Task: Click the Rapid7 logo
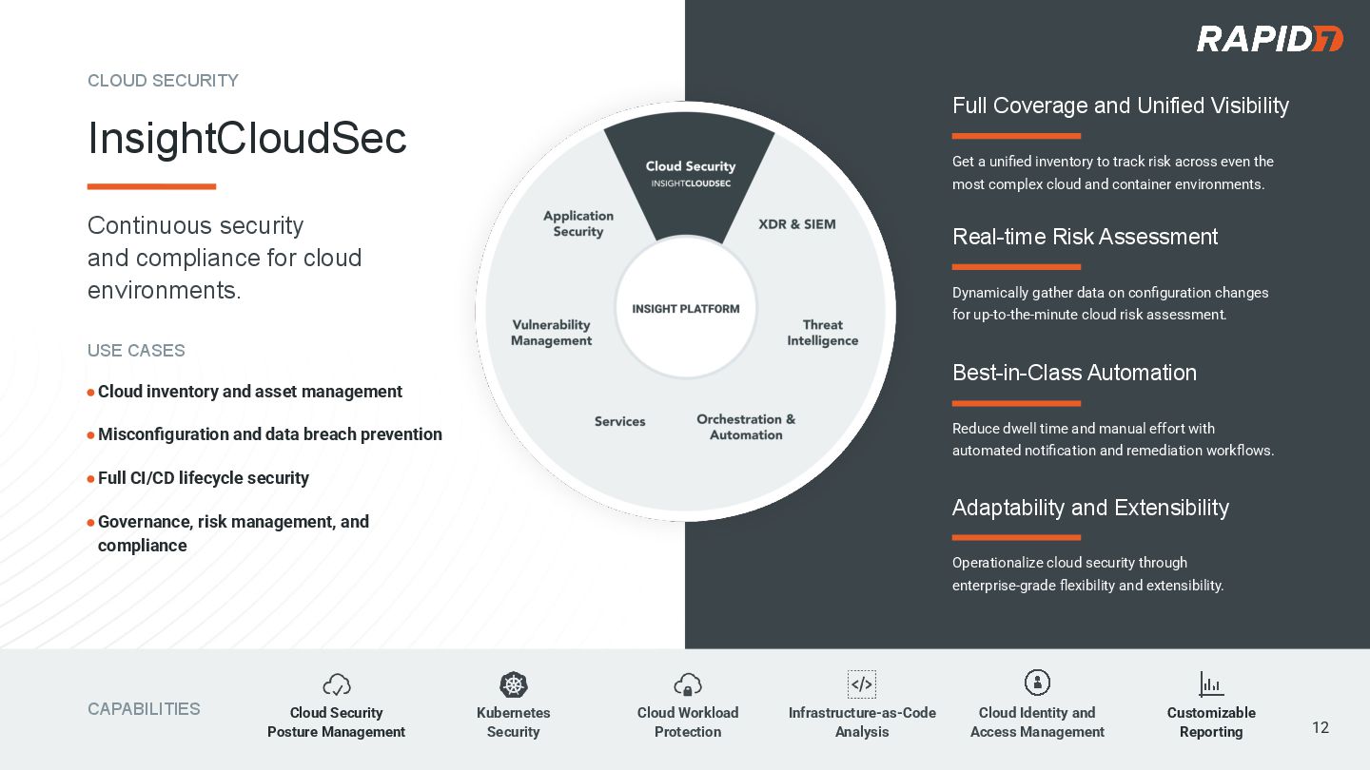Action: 1269,39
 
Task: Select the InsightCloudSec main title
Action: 247,139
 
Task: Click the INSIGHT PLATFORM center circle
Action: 686,309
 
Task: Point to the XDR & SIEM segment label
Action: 797,224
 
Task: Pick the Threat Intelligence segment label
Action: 822,333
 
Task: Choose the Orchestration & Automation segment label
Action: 746,427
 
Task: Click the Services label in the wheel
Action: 620,421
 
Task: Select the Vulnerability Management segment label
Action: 552,333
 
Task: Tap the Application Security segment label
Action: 578,223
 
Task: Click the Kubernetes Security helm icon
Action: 514,684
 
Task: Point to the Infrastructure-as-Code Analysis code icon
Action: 862,684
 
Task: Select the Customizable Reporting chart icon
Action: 1211,683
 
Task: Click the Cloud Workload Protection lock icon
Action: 688,684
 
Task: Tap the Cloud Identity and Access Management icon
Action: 1037,683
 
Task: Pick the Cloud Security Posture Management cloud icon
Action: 337,684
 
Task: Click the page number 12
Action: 1321,727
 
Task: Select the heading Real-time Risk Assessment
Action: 1085,237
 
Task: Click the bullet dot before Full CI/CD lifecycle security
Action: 91,479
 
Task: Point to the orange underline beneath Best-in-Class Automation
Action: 1016,403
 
